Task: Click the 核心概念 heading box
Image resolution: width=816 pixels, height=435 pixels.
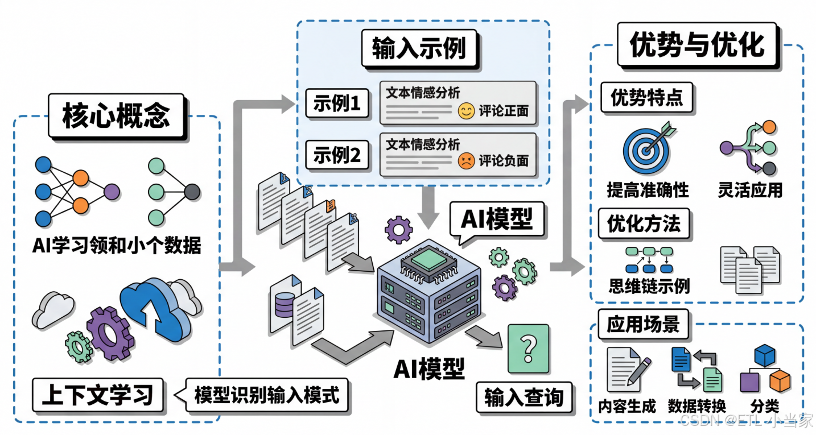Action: (x=116, y=116)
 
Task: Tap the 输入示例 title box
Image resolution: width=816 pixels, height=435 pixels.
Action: (x=419, y=49)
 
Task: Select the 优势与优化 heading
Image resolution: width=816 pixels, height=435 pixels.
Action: (x=697, y=44)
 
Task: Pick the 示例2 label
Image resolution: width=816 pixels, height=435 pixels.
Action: (x=337, y=155)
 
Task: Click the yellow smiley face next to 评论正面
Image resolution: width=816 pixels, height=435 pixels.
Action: (x=465, y=111)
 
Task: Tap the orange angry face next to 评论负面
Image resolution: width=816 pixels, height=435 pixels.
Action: (x=465, y=161)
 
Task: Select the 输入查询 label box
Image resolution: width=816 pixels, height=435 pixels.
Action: (x=524, y=398)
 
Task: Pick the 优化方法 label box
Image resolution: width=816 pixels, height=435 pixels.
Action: (x=644, y=224)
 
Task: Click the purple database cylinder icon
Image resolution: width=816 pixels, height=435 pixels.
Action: (x=283, y=305)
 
